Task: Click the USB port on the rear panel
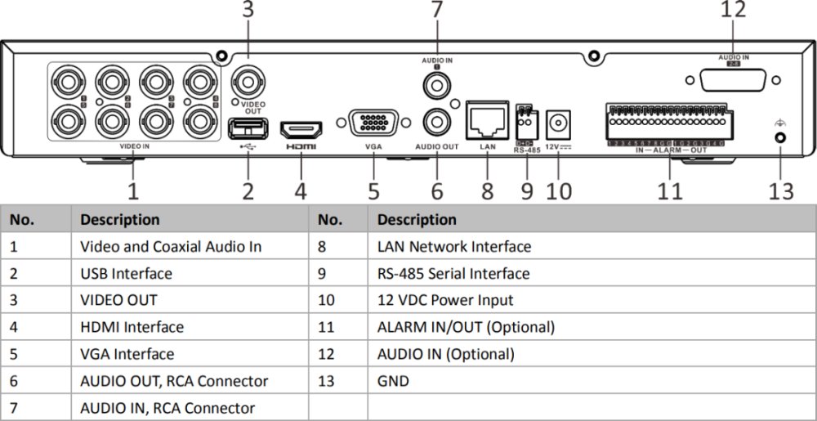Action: [x=248, y=128]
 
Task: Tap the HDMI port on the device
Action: [x=301, y=130]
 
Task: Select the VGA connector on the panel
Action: [x=373, y=124]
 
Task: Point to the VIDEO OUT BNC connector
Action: [x=248, y=82]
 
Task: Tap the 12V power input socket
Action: [x=558, y=122]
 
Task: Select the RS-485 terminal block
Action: [x=525, y=123]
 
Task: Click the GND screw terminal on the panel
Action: [x=779, y=139]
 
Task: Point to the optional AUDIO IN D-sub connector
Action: [x=728, y=82]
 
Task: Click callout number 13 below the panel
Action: [x=780, y=191]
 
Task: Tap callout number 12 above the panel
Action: [x=733, y=11]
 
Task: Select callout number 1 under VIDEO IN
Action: [x=132, y=191]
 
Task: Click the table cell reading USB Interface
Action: [x=126, y=273]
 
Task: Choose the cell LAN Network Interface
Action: [x=453, y=246]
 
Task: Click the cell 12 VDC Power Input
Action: [x=445, y=300]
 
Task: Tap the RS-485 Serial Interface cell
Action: [x=453, y=273]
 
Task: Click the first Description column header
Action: [x=119, y=219]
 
